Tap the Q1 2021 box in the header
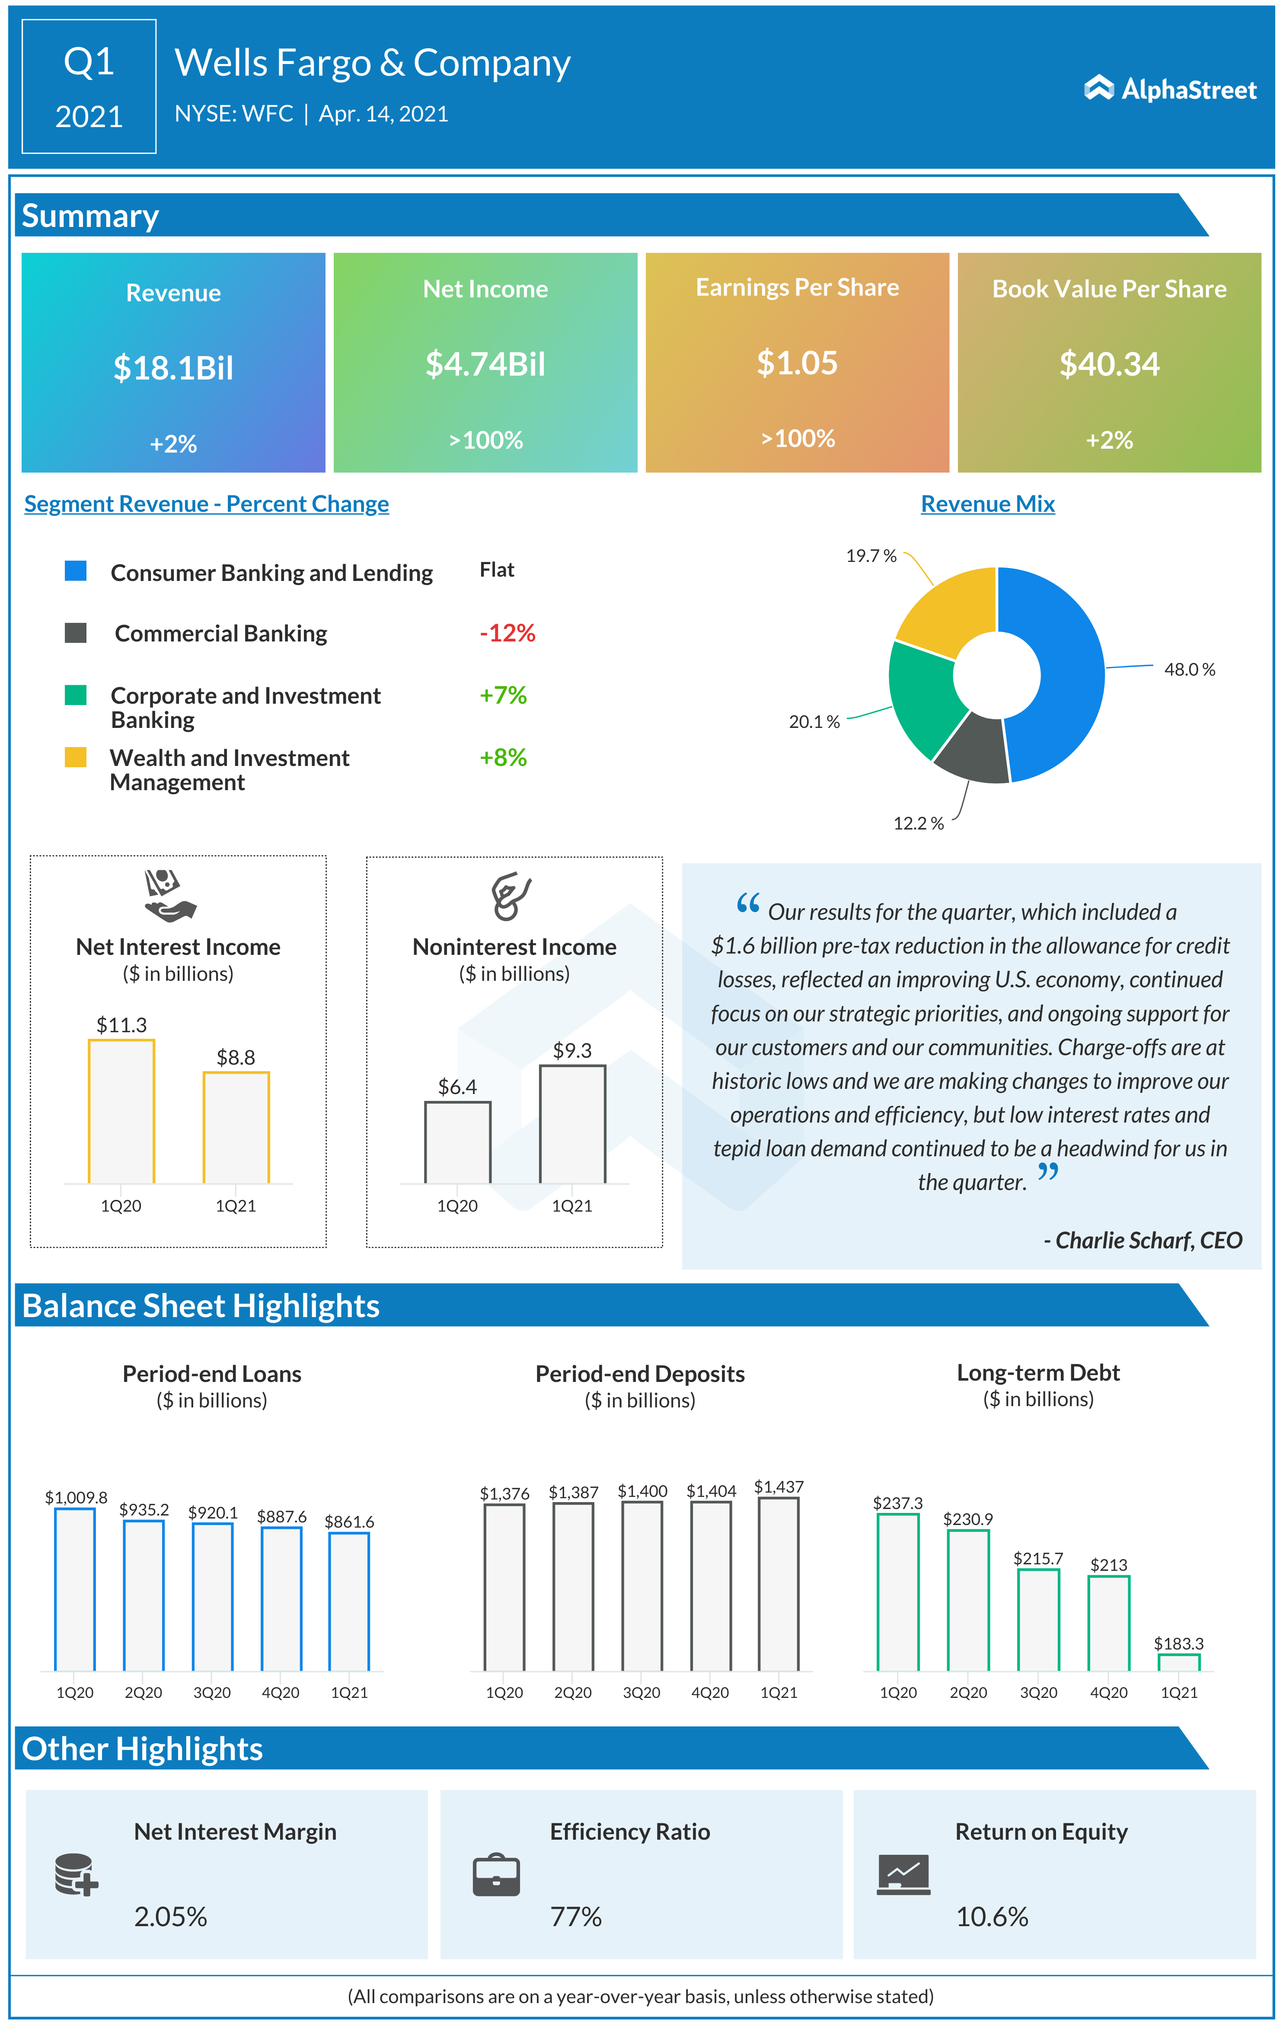[x=89, y=86]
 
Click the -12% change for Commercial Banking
[x=507, y=633]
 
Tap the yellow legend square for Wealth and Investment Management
[x=76, y=757]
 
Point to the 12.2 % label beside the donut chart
[x=918, y=824]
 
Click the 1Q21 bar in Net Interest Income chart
[x=236, y=1127]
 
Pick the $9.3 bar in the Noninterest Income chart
[x=572, y=1124]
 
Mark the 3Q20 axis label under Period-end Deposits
[x=641, y=1693]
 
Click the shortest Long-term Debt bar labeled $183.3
[x=1179, y=1662]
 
